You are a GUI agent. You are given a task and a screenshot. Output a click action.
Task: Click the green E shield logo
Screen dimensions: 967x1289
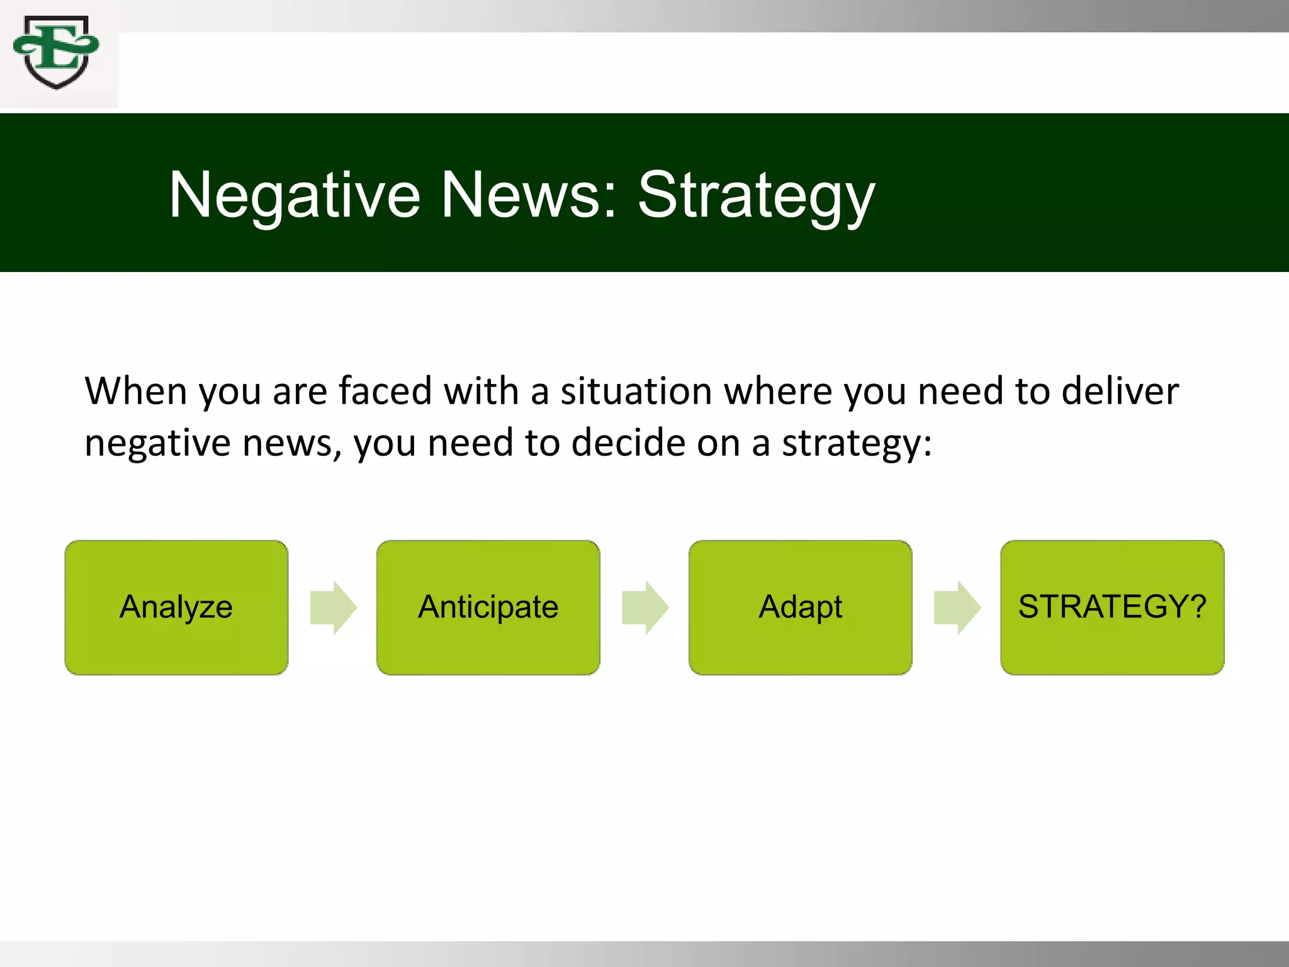pyautogui.click(x=57, y=53)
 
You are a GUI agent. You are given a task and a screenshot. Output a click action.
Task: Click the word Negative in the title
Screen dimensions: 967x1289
pyautogui.click(x=295, y=196)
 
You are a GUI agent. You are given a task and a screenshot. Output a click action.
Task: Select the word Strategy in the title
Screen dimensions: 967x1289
pyautogui.click(x=756, y=196)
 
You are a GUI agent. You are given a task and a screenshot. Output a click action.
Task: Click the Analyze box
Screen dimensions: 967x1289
pyautogui.click(x=176, y=608)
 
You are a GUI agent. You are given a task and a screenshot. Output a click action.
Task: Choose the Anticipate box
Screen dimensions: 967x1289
pyautogui.click(x=488, y=608)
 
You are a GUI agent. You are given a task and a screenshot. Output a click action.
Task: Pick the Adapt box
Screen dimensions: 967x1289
pyautogui.click(x=800, y=608)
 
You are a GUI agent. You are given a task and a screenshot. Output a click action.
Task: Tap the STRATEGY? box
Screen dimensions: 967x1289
pyautogui.click(x=1112, y=608)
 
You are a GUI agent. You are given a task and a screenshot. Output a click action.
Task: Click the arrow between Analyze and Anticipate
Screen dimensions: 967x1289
pyautogui.click(x=333, y=608)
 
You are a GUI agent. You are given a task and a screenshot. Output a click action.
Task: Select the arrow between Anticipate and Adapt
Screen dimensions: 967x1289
pyautogui.click(x=645, y=608)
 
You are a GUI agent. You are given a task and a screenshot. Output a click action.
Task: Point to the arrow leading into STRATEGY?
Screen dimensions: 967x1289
pyautogui.click(x=957, y=608)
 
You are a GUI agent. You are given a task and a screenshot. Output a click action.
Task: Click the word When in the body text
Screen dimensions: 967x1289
pyautogui.click(x=135, y=391)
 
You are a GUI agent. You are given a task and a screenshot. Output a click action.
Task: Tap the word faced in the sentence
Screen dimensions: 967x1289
pyautogui.click(x=385, y=391)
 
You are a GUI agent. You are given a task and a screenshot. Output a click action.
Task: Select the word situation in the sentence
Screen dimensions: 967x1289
pyautogui.click(x=636, y=391)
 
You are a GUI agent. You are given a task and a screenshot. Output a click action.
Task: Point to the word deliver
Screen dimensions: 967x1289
pyautogui.click(x=1120, y=391)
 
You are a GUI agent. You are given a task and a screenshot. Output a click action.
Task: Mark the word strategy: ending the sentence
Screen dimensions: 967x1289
pyautogui.click(x=857, y=443)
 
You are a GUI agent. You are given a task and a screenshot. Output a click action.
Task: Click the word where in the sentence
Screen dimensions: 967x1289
pyautogui.click(x=778, y=391)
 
